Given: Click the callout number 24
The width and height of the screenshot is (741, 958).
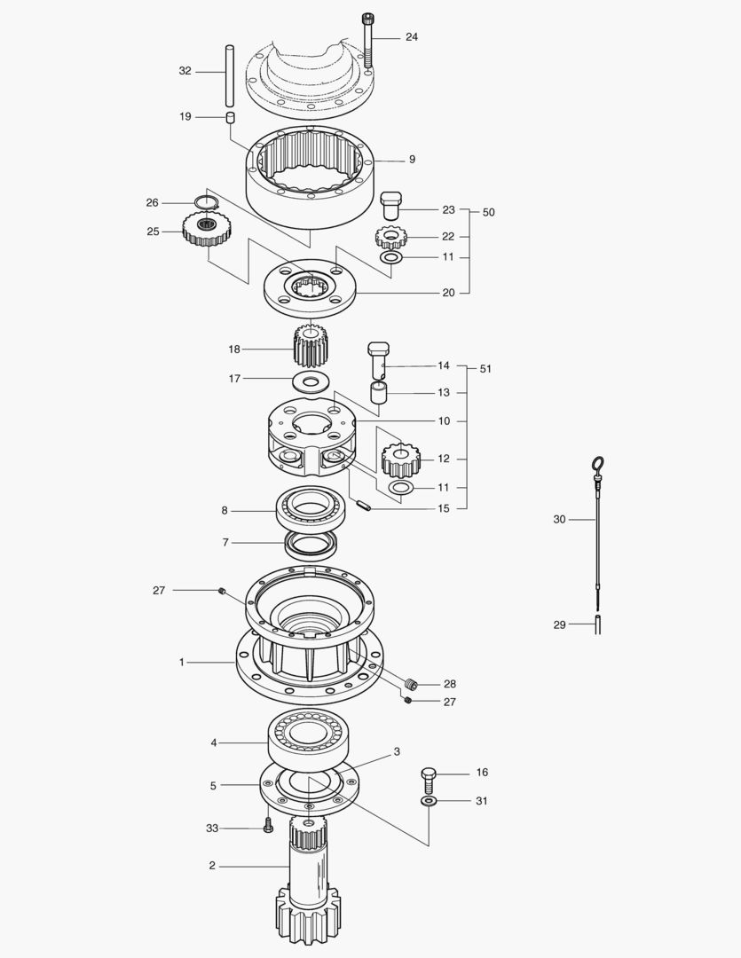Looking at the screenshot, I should [412, 37].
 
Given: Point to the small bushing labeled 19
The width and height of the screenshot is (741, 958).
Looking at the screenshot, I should [229, 117].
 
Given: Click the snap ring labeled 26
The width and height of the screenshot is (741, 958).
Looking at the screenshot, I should [207, 204].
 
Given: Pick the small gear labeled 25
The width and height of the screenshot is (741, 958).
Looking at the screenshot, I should [207, 232].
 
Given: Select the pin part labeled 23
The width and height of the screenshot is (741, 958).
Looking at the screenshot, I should [391, 208].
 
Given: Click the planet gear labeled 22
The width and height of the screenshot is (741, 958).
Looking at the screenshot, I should [390, 238].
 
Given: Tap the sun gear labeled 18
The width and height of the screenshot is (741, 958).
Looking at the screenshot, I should [310, 348].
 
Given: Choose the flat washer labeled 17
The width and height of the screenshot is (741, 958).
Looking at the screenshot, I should [310, 381].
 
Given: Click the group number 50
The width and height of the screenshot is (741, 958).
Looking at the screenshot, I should [488, 213].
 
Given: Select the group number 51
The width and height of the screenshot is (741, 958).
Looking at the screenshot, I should [485, 368].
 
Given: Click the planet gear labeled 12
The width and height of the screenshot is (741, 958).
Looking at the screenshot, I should [399, 459].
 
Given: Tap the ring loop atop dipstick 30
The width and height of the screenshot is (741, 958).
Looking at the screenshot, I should [598, 464].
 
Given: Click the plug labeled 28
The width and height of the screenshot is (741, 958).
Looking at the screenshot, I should [411, 684].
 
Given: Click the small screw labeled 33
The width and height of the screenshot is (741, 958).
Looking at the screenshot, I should [268, 828].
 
